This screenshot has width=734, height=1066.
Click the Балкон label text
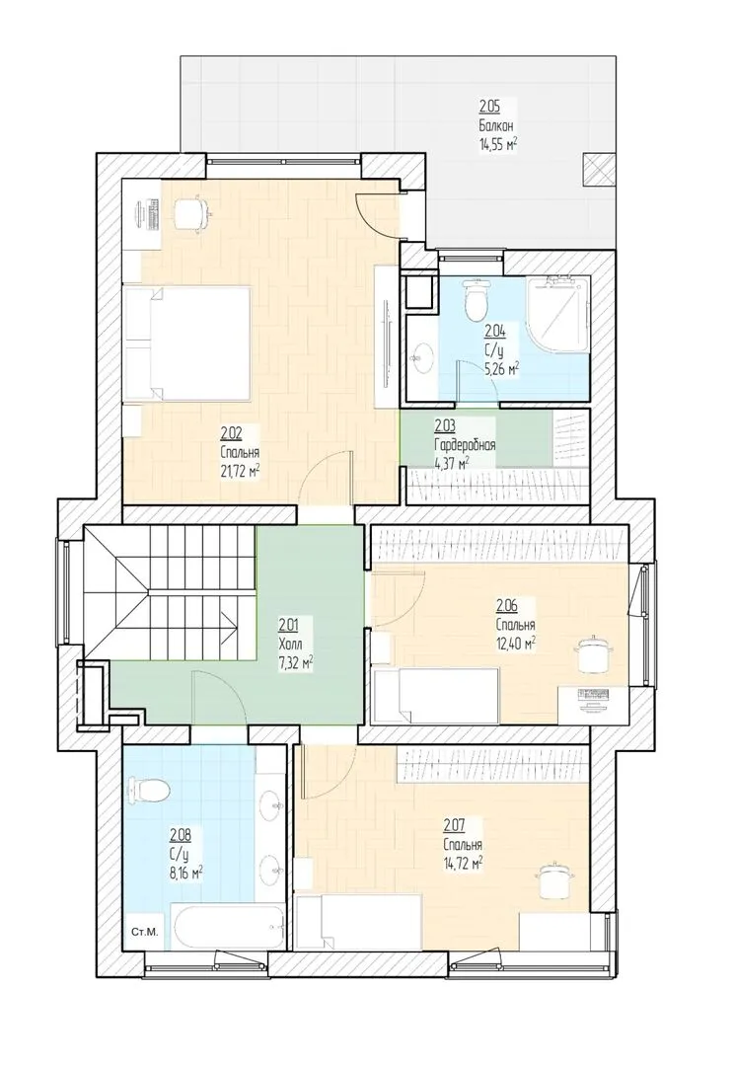495,125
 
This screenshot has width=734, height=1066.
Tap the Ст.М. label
144,932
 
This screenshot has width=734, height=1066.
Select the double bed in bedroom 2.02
186,343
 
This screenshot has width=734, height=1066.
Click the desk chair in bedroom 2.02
191,214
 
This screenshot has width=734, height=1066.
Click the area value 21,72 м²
241,471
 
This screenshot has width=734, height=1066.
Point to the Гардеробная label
465,445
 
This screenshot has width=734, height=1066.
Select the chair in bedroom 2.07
557,878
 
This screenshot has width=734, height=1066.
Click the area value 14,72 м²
463,864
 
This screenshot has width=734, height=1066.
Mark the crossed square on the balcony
598,170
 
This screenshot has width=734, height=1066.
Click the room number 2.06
506,605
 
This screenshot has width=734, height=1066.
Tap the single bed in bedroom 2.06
436,695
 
